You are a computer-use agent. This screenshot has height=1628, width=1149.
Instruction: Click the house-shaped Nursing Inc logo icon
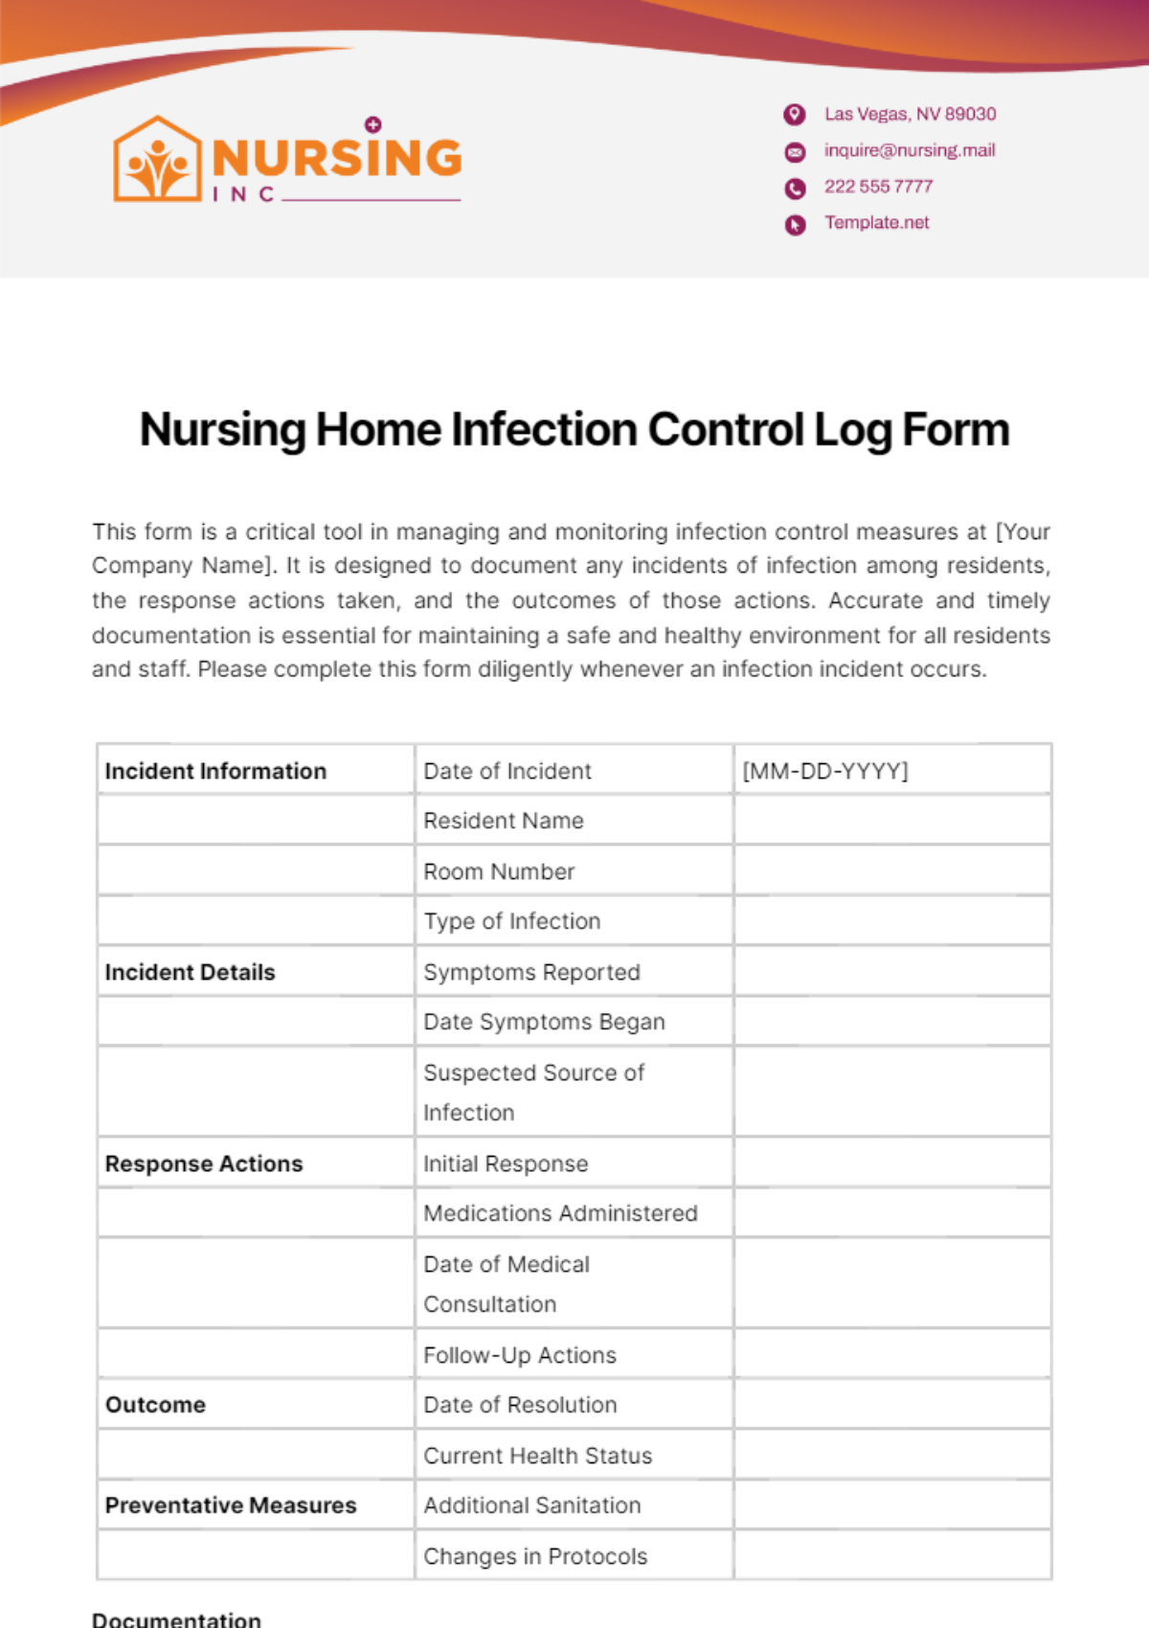[x=158, y=160]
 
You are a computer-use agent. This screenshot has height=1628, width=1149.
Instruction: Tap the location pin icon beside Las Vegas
[x=795, y=115]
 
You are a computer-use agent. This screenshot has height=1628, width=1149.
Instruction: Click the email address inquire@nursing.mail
[x=910, y=150]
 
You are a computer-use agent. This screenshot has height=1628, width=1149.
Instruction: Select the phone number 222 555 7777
[x=878, y=187]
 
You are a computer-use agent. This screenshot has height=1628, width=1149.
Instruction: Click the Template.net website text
[x=877, y=223]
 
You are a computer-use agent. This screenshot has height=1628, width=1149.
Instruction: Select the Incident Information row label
[x=215, y=771]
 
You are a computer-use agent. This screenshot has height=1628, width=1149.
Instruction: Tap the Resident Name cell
[x=504, y=821]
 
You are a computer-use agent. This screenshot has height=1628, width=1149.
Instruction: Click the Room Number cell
[x=499, y=871]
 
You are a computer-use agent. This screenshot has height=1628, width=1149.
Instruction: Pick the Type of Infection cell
[x=512, y=921]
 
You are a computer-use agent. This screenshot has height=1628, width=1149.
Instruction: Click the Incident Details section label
[x=190, y=972]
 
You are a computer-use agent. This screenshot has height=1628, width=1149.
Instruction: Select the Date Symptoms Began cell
[x=544, y=1022]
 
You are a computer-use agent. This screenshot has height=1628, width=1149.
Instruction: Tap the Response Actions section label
[x=204, y=1164]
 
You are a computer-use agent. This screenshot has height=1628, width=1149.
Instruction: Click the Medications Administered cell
[x=560, y=1213]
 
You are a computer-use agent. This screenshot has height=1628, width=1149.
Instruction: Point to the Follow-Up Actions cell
[x=520, y=1355]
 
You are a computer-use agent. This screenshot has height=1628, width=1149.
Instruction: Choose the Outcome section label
[x=155, y=1405]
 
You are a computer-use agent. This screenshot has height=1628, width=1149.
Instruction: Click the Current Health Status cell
[x=537, y=1456]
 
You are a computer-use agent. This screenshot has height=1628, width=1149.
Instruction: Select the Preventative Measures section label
[x=231, y=1505]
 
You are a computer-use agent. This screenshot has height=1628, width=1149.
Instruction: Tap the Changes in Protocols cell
[x=535, y=1556]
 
